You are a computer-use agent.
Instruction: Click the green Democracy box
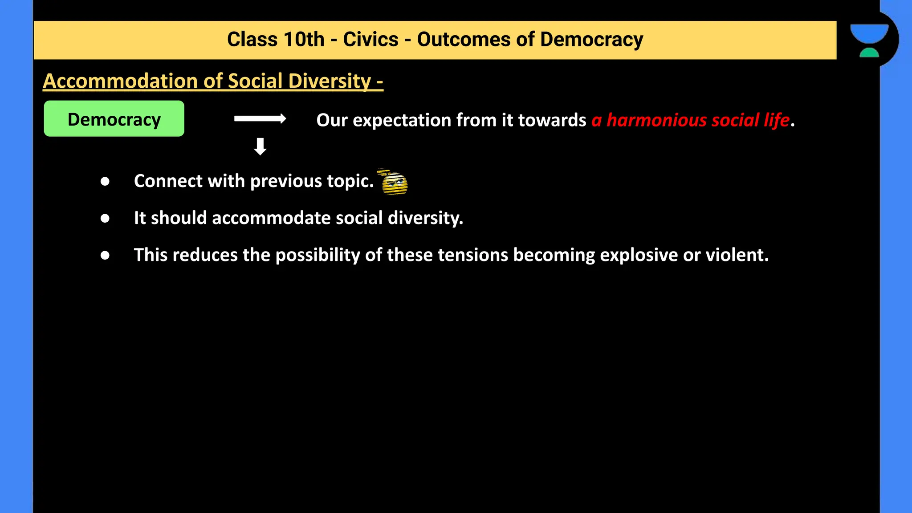tap(114, 118)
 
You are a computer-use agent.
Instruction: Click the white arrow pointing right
tap(260, 118)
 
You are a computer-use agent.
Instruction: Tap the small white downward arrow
tap(260, 146)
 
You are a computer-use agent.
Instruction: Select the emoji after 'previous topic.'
tap(394, 182)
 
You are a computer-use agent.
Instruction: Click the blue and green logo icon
tap(869, 40)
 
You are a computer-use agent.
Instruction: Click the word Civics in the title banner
tap(370, 40)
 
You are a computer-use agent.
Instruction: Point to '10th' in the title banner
tap(304, 40)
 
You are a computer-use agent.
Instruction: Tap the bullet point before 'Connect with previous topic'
tap(105, 181)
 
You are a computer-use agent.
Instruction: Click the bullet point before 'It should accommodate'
tap(105, 218)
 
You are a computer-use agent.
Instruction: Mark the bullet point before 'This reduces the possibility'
tap(105, 255)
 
